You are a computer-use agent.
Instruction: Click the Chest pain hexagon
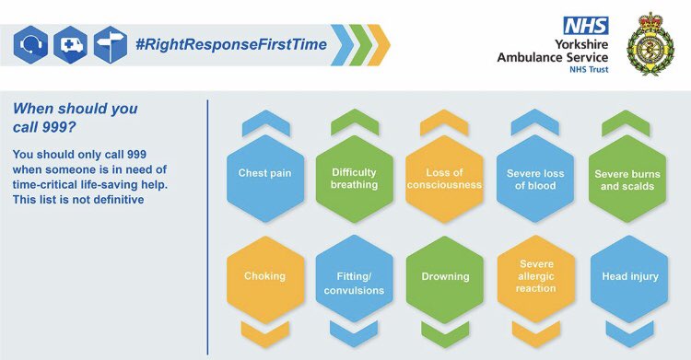tap(264, 173)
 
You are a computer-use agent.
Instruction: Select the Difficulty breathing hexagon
tap(355, 179)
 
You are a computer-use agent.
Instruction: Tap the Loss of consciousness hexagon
tap(445, 179)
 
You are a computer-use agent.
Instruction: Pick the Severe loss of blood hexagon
tap(535, 179)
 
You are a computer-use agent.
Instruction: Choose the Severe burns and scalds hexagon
tap(627, 179)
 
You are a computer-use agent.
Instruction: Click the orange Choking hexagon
tap(264, 276)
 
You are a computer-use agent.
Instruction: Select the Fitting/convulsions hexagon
tap(355, 282)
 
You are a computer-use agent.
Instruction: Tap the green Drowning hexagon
tap(445, 276)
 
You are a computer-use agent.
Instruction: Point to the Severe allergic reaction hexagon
tap(535, 276)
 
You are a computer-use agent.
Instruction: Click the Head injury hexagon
tap(627, 276)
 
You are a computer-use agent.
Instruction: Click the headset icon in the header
tap(31, 45)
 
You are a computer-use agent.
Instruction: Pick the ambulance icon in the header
tap(70, 45)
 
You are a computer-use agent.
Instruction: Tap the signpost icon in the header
tap(110, 45)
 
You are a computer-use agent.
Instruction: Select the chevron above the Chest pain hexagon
tap(264, 121)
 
